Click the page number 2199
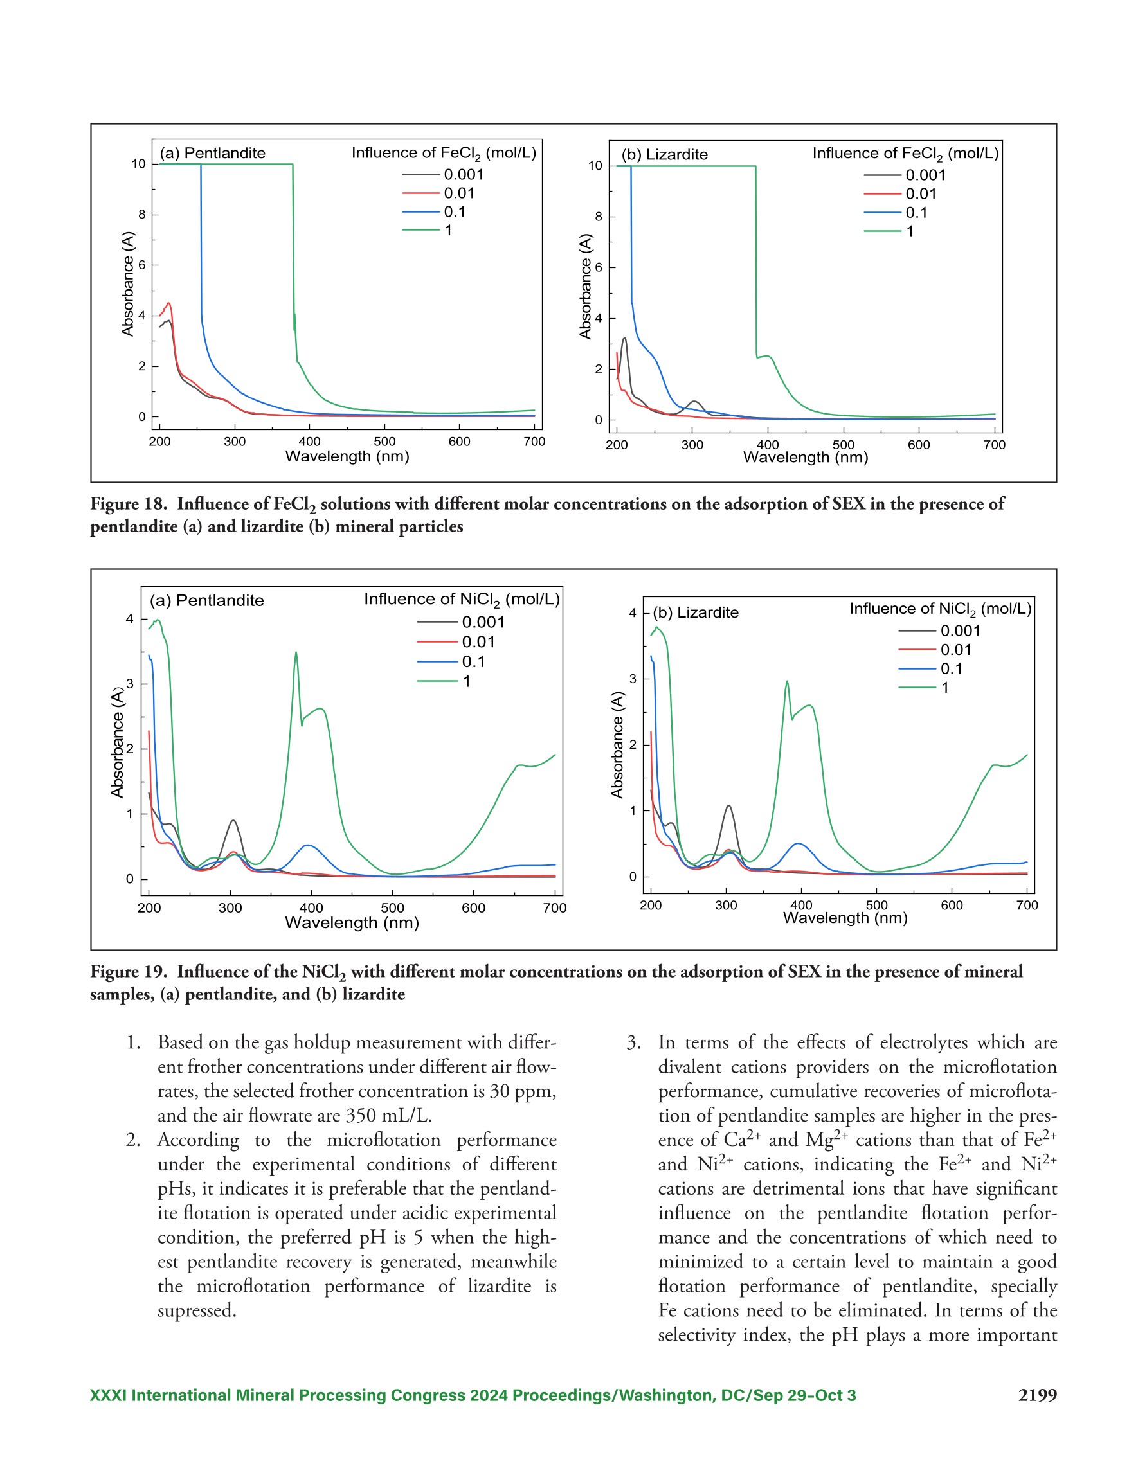(x=1037, y=1396)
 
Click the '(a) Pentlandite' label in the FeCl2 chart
(x=212, y=153)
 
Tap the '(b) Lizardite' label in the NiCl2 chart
(x=696, y=612)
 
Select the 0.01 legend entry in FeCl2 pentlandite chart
(x=438, y=193)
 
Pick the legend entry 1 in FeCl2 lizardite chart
(x=889, y=231)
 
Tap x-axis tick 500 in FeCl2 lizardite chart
(x=843, y=445)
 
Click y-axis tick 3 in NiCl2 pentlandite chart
(x=129, y=684)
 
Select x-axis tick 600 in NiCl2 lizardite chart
(x=952, y=905)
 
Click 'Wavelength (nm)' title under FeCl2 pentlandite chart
(x=347, y=456)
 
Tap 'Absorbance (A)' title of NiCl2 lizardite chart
(x=617, y=745)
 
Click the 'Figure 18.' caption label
(x=129, y=504)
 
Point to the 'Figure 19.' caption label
(x=129, y=972)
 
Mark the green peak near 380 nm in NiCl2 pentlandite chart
(x=296, y=652)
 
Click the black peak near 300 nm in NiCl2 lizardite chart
(x=729, y=806)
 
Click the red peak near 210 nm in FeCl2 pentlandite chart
(x=168, y=303)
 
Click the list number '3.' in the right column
(x=634, y=1042)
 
